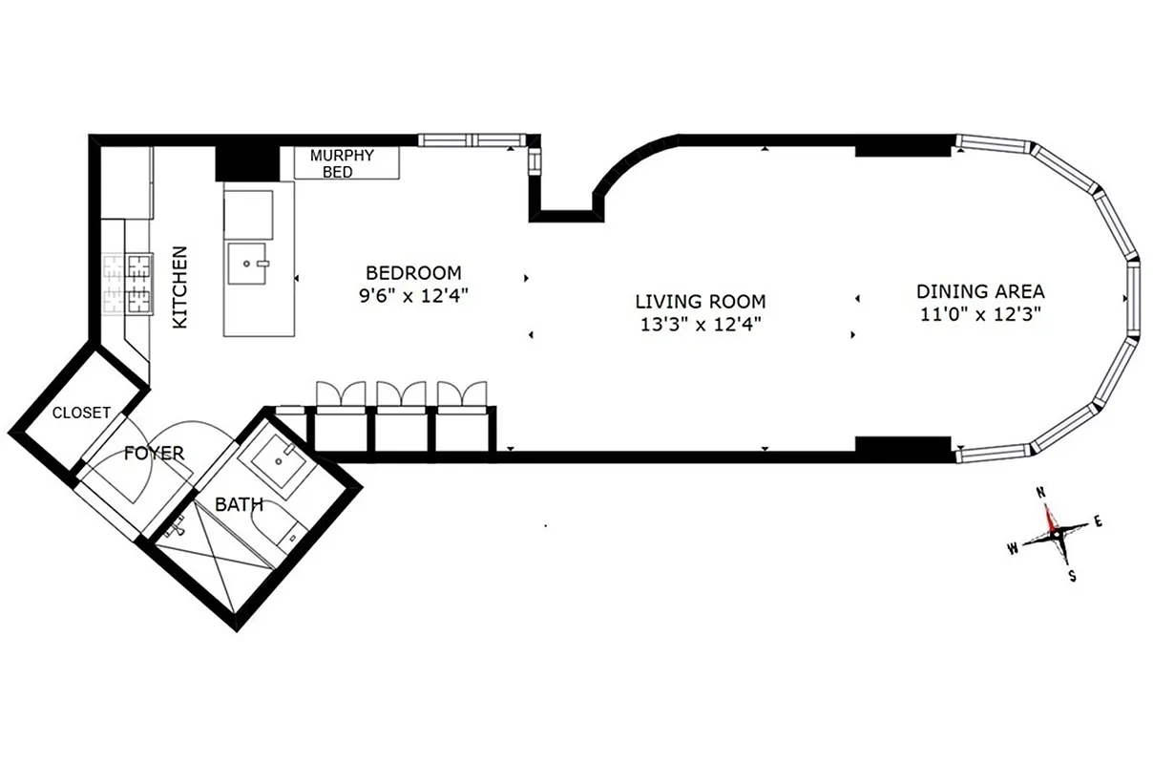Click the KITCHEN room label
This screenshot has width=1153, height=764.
pyautogui.click(x=179, y=287)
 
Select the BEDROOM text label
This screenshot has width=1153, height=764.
pyautogui.click(x=413, y=272)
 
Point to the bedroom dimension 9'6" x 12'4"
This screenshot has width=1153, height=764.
pyautogui.click(x=413, y=296)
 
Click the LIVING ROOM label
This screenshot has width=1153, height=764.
pyautogui.click(x=701, y=301)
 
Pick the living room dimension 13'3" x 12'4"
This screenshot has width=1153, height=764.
pyautogui.click(x=701, y=324)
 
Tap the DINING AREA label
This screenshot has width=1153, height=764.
pyautogui.click(x=980, y=291)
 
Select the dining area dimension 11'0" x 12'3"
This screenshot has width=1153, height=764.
pyautogui.click(x=980, y=313)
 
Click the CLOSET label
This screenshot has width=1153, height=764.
pyautogui.click(x=81, y=413)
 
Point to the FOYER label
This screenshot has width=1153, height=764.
pyautogui.click(x=155, y=454)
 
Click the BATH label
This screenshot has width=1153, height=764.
pyautogui.click(x=239, y=503)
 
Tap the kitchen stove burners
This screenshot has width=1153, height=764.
pyautogui.click(x=128, y=284)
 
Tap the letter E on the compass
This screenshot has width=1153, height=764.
pyautogui.click(x=1098, y=520)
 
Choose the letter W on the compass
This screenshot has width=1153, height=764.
pyautogui.click(x=1012, y=548)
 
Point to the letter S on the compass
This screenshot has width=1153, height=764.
pyautogui.click(x=1073, y=576)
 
